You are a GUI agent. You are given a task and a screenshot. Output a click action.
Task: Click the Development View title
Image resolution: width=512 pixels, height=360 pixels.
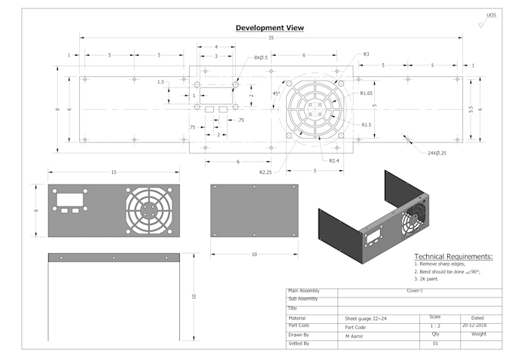pos(270,28)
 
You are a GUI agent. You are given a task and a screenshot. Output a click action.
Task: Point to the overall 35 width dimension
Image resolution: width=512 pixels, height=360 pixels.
pos(270,38)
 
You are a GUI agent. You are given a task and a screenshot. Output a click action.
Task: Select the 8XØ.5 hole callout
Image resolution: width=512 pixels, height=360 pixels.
pos(261,58)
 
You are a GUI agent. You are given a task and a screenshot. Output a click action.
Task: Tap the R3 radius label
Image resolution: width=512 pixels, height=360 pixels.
pos(366,54)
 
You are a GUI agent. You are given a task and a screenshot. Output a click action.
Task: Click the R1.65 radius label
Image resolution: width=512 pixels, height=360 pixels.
pos(367,93)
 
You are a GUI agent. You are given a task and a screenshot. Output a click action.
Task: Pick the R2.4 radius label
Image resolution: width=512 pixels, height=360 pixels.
pos(334,160)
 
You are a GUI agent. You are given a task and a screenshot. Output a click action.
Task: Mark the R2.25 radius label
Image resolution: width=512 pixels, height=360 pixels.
pos(265,172)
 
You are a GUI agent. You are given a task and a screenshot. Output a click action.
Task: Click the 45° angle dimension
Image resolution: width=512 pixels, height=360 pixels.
pos(276,94)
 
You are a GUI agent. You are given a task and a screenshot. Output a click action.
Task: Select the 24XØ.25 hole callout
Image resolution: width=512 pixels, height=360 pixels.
pos(432,153)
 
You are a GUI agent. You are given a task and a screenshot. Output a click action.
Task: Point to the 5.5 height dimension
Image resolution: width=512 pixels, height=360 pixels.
pos(471,109)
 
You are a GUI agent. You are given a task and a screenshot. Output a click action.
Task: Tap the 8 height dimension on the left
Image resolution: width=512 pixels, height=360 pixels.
pos(58,109)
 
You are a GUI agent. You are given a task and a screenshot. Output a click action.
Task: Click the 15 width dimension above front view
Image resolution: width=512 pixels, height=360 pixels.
pos(114,172)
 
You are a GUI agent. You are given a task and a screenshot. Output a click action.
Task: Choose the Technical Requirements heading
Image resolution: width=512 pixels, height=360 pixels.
pos(453,257)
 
